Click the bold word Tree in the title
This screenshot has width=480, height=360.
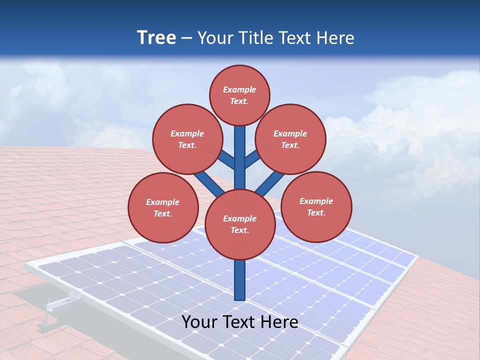point(156,37)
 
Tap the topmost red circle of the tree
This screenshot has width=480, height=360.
point(239,95)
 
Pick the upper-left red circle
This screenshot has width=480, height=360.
point(187,139)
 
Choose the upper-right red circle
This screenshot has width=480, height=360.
point(290,139)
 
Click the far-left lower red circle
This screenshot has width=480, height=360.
point(163,207)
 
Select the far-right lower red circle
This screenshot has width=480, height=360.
point(316,206)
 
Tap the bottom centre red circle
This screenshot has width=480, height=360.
point(239,224)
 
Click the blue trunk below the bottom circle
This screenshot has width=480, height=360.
point(239,280)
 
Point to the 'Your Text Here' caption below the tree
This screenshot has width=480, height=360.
point(239,322)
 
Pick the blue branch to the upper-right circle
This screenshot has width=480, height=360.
point(253,158)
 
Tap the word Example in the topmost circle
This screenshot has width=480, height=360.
point(239,89)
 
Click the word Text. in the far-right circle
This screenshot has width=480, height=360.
point(316,212)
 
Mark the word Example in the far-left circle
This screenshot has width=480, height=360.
point(163,202)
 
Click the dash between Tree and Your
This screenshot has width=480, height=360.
point(186,38)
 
